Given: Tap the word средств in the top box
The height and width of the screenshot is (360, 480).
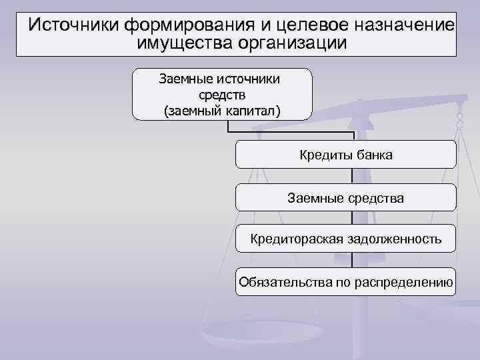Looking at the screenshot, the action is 222,95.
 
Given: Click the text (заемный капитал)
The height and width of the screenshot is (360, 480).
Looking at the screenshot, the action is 222,110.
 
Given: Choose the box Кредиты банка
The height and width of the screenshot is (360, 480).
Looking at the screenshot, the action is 346,155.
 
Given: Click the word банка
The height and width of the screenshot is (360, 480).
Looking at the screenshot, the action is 373,155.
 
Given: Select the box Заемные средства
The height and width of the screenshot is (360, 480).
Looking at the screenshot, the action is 346,197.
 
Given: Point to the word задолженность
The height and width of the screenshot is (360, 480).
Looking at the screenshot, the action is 393,239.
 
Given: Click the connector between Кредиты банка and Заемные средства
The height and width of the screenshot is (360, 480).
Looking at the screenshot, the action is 352,176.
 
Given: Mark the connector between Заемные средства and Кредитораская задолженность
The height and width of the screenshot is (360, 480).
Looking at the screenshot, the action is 352,218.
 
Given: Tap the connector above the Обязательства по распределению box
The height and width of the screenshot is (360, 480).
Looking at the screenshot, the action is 352,260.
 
